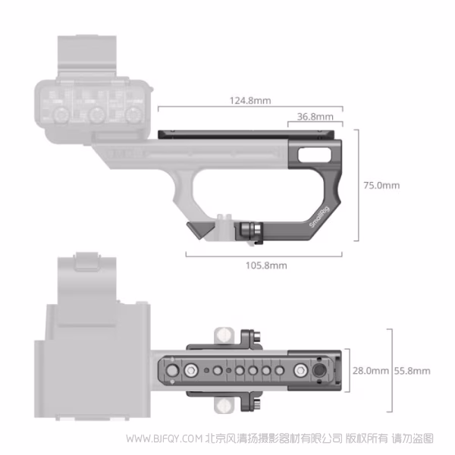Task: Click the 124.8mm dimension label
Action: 250,100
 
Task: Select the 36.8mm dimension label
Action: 315,117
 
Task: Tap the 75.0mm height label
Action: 380,185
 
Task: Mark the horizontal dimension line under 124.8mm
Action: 250,109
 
